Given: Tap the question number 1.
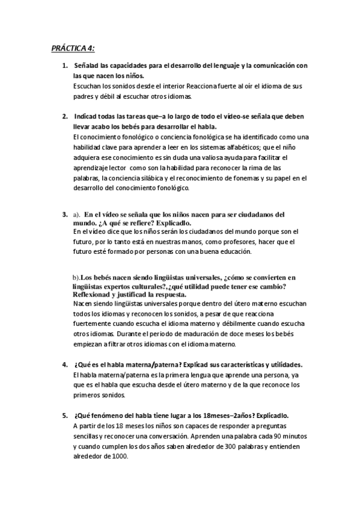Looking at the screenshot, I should coord(65,65).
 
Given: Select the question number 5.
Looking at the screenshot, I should coord(65,415).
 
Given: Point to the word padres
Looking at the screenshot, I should coord(83,96).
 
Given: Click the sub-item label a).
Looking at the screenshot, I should coord(76,214).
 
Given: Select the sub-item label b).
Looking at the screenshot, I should coord(76,278).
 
